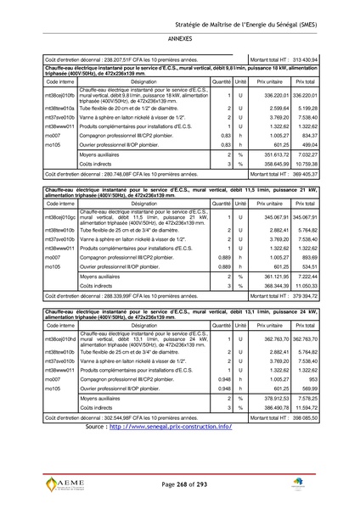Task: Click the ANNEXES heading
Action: point(180,39)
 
